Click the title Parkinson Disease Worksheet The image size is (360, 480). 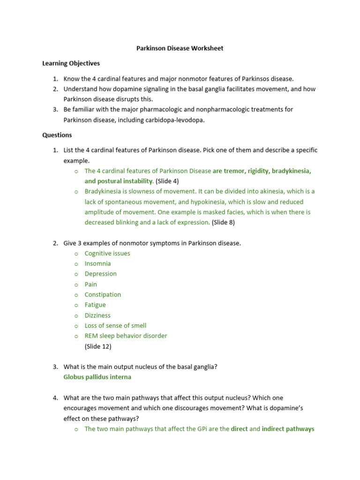tap(180, 48)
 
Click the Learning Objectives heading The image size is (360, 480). tap(71, 63)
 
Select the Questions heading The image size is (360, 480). tap(57, 135)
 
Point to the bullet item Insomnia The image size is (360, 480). tap(97, 263)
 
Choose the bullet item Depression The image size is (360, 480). tap(100, 274)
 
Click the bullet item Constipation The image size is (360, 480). tap(103, 294)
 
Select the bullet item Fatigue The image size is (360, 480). tap(95, 305)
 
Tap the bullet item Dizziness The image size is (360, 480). tap(97, 315)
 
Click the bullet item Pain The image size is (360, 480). tap(91, 284)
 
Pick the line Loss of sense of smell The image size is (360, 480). tap(115, 326)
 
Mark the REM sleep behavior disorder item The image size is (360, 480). tap(126, 336)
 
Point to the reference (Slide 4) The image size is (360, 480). tap(167, 181)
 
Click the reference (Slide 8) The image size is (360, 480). tap(223, 223)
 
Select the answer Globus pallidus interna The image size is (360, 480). tap(97, 377)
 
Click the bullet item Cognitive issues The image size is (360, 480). tap(107, 253)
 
